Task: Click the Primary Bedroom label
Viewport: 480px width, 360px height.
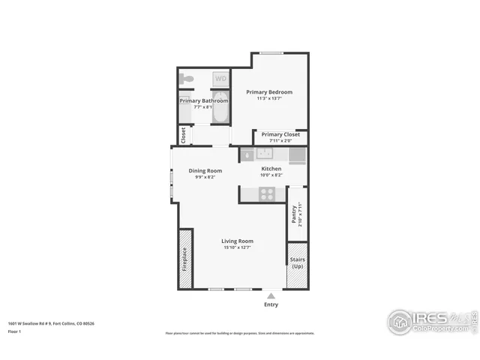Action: [269, 91]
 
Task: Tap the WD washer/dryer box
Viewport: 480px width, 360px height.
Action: [220, 78]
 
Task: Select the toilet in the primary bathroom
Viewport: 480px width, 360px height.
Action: [189, 79]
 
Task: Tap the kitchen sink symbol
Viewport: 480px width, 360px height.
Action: [264, 154]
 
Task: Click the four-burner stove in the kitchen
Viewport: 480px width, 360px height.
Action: [267, 193]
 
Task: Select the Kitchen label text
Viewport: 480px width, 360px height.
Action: [271, 169]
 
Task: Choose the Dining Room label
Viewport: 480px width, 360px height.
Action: [205, 170]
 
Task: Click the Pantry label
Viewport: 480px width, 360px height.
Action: [294, 214]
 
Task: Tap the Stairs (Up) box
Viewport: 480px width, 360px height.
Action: [298, 263]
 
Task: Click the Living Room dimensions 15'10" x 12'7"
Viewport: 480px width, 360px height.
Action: [236, 247]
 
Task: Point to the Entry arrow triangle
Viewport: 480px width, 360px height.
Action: [271, 295]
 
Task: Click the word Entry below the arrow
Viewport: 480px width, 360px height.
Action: [271, 304]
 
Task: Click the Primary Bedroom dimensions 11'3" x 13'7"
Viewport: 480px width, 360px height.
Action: [269, 98]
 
